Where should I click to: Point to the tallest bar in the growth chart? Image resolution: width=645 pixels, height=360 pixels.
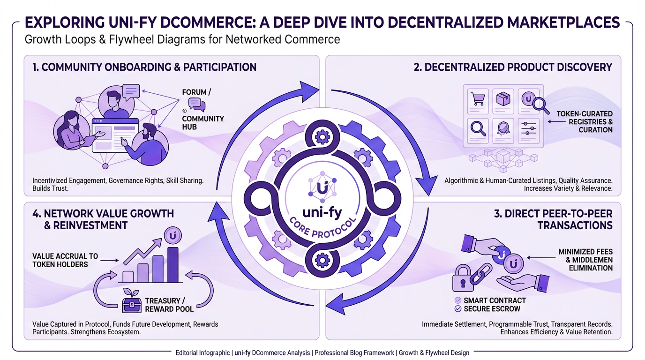point(172,265)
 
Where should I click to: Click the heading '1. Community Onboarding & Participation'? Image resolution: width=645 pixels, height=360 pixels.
point(144,67)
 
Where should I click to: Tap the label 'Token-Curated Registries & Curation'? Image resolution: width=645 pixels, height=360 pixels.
point(584,121)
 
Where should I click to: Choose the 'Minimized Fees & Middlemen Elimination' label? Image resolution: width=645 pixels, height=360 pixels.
point(585,260)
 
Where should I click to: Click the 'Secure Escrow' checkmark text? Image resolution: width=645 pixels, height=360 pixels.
point(492,308)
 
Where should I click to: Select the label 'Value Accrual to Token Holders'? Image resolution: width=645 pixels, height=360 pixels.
point(65,260)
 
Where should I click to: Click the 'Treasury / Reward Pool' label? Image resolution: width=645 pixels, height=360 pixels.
point(169,305)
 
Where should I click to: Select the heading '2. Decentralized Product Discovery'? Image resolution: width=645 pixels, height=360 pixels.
point(513,67)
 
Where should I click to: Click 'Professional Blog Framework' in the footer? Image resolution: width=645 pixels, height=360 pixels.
point(354,352)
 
